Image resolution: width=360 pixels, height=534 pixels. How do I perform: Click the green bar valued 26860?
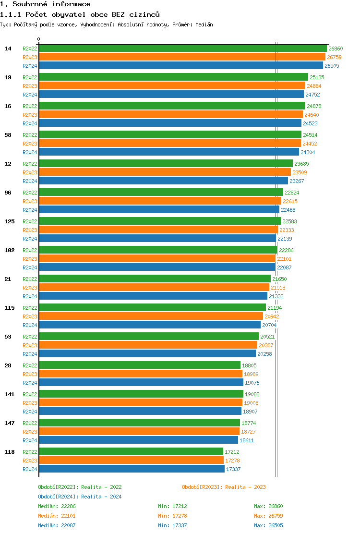tap(182, 49)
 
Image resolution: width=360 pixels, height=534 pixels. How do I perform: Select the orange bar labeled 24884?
tap(172, 86)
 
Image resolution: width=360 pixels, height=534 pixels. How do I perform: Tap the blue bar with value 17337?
tap(132, 469)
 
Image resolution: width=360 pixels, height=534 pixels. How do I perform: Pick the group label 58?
tap(8, 135)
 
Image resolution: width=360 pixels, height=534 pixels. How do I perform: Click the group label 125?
tap(10, 221)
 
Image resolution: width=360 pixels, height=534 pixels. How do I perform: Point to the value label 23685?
tap(301, 164)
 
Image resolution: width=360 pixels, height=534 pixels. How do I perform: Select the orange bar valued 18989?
tap(140, 374)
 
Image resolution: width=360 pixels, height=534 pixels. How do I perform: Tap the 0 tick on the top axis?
tap(39, 39)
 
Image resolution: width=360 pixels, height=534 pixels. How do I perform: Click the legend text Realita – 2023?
tap(245, 487)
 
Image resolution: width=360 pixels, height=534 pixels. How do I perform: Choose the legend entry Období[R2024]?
tap(58, 497)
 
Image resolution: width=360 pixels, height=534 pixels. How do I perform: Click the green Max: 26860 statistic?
tap(268, 506)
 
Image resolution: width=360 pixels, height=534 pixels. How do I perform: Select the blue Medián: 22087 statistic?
tap(57, 525)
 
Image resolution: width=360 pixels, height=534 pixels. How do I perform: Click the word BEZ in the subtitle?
tap(118, 14)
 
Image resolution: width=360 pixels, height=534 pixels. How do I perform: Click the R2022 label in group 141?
tap(30, 394)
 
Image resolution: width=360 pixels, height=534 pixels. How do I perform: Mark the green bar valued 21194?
tap(152, 308)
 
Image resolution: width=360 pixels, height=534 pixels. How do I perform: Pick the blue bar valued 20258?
tap(147, 354)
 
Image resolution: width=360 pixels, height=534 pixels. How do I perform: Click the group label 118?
tap(10, 452)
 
